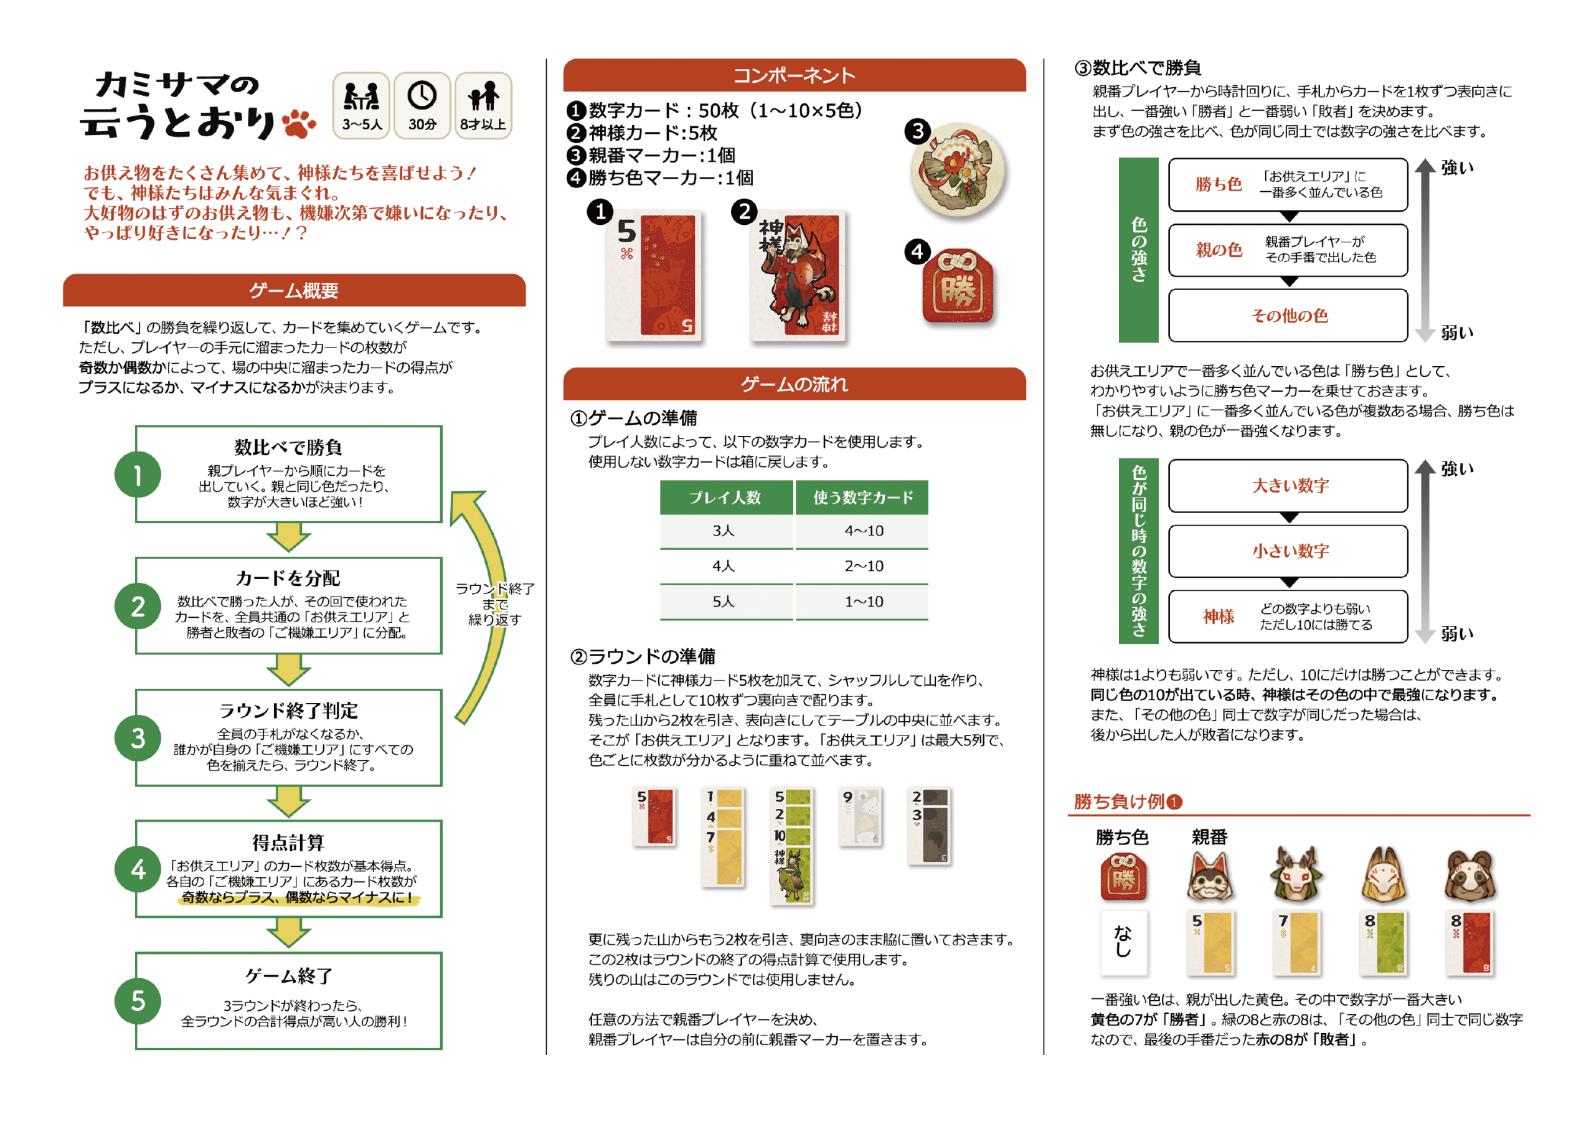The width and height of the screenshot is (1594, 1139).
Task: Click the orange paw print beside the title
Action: click(298, 123)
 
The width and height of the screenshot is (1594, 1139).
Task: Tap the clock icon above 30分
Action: click(422, 95)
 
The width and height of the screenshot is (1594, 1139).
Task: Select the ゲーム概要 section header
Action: click(294, 290)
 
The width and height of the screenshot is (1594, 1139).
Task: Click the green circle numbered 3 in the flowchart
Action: click(138, 738)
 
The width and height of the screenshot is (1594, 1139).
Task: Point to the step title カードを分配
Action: click(288, 578)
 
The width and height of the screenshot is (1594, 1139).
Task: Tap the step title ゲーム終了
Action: click(288, 976)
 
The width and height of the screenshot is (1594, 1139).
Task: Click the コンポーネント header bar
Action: click(794, 75)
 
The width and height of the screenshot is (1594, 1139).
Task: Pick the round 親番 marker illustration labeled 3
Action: click(958, 170)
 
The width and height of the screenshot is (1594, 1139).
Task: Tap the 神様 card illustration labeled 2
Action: click(798, 276)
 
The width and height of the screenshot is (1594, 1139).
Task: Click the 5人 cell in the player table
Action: click(724, 602)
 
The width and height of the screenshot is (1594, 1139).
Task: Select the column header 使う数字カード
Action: click(862, 497)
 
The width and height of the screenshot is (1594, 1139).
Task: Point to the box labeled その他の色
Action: click(1288, 316)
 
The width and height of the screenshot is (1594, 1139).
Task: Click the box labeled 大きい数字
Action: click(1288, 485)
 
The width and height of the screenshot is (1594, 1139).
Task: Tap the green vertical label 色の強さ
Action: click(1138, 250)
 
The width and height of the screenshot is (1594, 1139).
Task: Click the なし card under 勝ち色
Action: click(1123, 943)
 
